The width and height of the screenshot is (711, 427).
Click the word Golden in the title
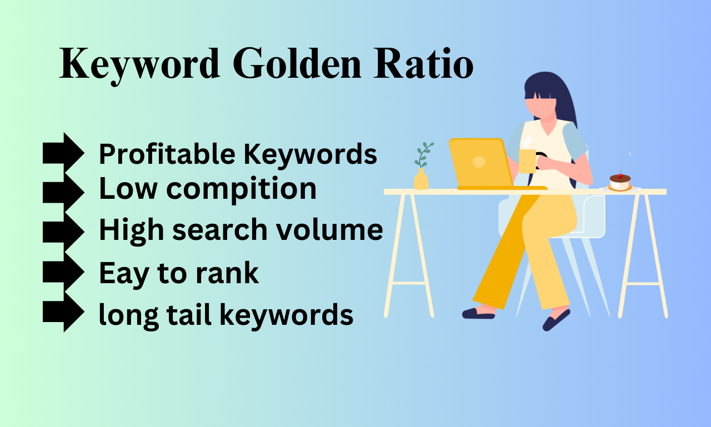[297, 63]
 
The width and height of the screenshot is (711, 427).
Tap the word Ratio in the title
[423, 63]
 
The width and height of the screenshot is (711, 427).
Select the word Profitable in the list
[167, 154]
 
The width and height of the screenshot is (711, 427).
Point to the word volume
[329, 229]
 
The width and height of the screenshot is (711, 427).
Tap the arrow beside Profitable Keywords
[63, 153]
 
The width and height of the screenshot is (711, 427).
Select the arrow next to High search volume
[63, 232]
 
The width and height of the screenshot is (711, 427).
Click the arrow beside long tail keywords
[63, 312]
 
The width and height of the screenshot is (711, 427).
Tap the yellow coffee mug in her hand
[528, 161]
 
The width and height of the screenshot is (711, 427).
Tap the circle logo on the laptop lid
[479, 162]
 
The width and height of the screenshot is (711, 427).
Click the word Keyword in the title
[139, 65]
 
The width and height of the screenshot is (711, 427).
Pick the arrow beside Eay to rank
[63, 272]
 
